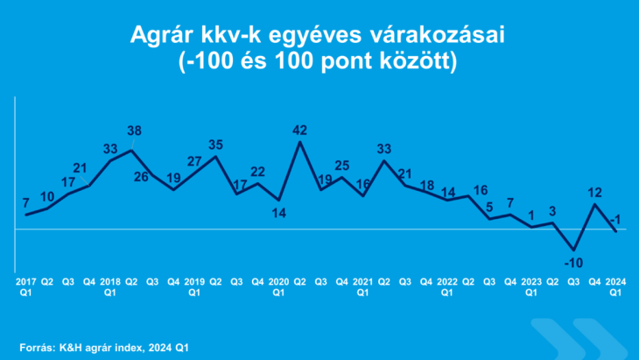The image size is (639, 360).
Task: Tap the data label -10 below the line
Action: coord(573,262)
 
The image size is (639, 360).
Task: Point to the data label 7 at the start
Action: coord(26,202)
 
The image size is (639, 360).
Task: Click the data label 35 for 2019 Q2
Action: coord(215,144)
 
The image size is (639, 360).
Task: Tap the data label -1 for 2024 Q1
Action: coord(616,219)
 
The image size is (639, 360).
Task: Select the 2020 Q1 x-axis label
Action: coord(278,287)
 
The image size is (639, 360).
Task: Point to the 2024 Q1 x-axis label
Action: coord(615,287)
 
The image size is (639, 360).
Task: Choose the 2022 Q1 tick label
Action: coord(446,287)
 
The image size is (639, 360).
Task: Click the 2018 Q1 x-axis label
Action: coord(110,287)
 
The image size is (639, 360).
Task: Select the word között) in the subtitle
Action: coord(418,64)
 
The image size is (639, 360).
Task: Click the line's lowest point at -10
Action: coord(574,251)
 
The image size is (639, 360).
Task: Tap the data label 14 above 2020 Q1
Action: coord(278,213)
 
